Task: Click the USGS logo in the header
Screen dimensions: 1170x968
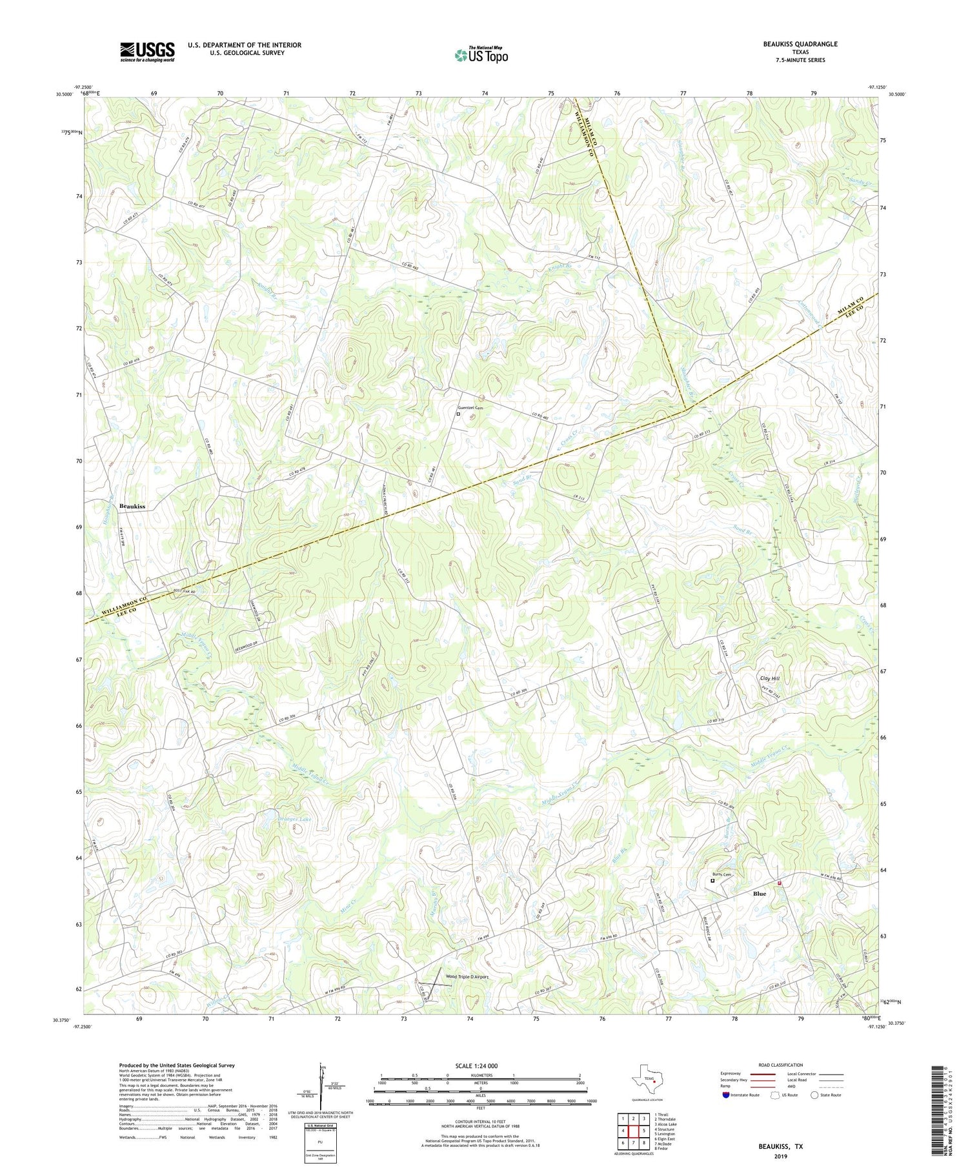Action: [147, 52]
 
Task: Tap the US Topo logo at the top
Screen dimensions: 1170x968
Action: [481, 55]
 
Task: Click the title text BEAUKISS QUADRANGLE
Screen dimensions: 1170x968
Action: [800, 44]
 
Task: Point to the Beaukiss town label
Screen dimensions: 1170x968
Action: [132, 507]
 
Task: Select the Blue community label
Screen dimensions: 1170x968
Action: [759, 894]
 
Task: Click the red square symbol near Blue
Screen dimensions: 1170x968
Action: [779, 883]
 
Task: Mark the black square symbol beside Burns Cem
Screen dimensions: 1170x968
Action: [712, 880]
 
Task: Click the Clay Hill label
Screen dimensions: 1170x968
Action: [770, 678]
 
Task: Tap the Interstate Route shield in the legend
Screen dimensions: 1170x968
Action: [725, 1094]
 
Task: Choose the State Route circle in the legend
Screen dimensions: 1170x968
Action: [814, 1094]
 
